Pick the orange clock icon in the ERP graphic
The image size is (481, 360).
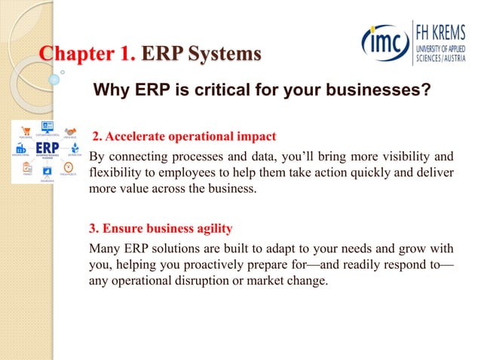[69, 166]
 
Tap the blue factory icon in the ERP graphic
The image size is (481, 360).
[20, 148]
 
